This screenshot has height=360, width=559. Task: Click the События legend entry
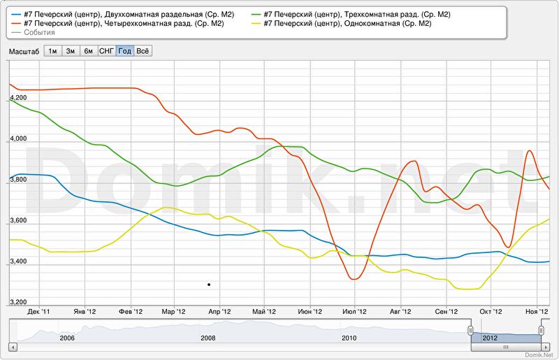tap(39, 33)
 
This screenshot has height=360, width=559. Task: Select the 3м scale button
tap(71, 51)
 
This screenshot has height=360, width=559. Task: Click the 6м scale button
tap(88, 51)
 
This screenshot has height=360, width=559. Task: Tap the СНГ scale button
tap(106, 51)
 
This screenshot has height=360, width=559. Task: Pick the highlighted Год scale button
tap(124, 51)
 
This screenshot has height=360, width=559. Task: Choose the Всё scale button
tap(143, 51)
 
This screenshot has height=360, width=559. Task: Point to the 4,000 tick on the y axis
tap(16, 140)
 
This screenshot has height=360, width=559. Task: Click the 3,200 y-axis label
tap(16, 302)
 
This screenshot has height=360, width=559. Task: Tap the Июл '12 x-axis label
tap(355, 312)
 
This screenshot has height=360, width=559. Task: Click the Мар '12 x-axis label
tap(173, 312)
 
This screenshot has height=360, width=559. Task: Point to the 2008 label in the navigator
tap(208, 338)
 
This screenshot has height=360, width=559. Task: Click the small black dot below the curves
tap(209, 285)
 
